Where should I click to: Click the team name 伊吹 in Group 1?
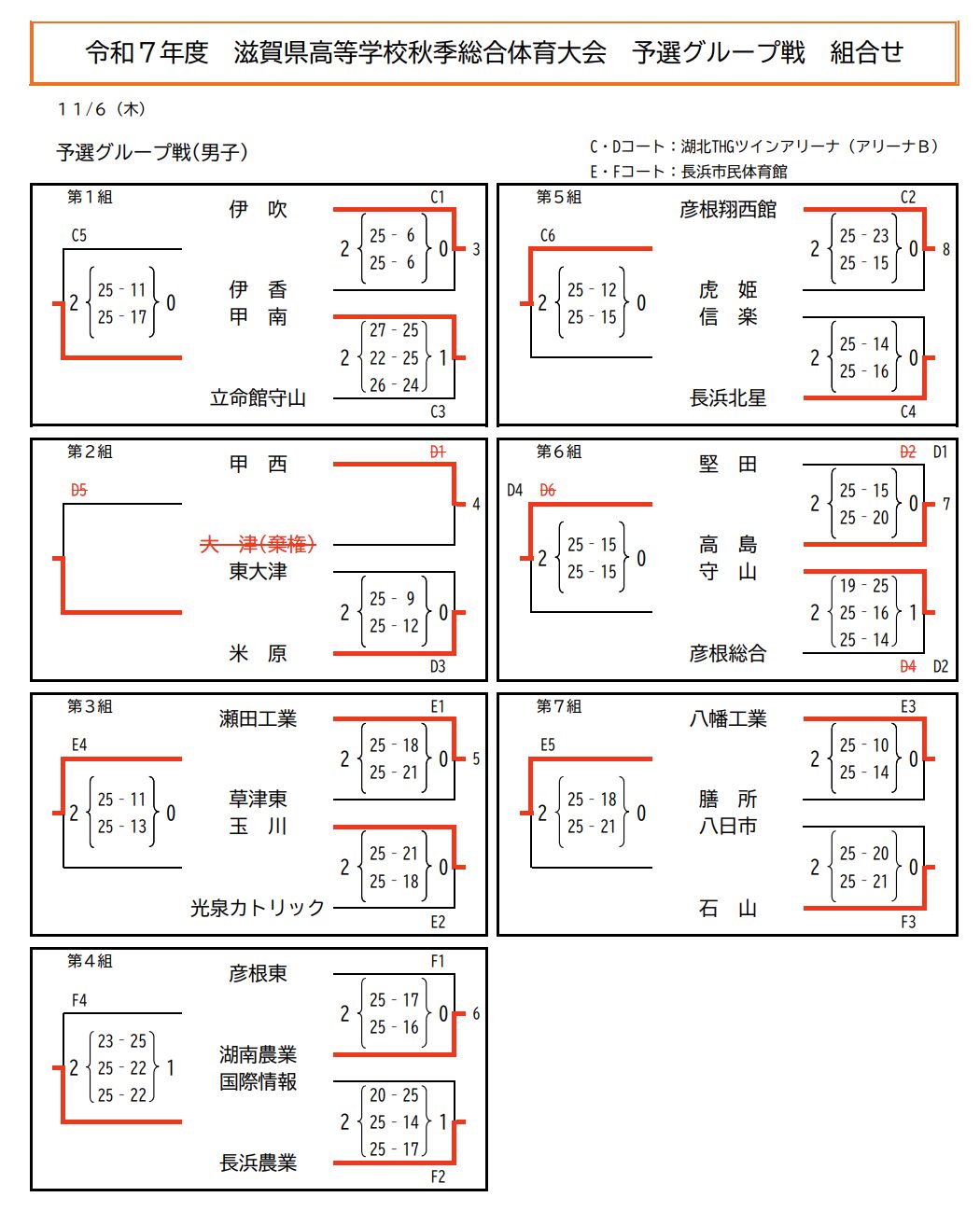(x=258, y=210)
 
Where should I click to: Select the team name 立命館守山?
(x=258, y=398)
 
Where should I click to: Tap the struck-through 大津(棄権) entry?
(x=258, y=544)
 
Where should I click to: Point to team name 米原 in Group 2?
(x=258, y=654)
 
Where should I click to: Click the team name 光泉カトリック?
(x=258, y=908)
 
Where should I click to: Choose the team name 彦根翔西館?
(x=728, y=210)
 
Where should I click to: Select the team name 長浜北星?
(x=728, y=398)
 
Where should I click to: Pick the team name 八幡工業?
(x=728, y=719)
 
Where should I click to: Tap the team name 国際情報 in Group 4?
(x=258, y=1082)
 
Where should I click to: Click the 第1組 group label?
(x=90, y=198)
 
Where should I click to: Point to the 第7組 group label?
(x=559, y=707)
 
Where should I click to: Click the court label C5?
(x=79, y=236)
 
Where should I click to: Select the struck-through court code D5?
(x=79, y=491)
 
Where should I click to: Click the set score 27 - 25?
(x=394, y=330)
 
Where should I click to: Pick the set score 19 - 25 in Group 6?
(x=863, y=586)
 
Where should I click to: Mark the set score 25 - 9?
(x=394, y=599)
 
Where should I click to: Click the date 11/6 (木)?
(x=102, y=110)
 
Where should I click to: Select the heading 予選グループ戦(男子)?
(x=152, y=153)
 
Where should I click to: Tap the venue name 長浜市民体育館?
(x=735, y=172)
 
